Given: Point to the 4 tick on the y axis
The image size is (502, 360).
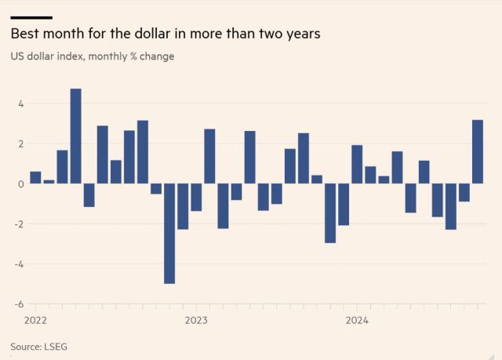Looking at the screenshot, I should [21, 104].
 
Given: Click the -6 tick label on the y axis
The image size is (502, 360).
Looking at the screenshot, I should [20, 304].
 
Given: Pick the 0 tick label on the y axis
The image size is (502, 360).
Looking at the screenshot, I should [21, 184].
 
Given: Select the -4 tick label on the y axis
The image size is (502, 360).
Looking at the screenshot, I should [20, 264].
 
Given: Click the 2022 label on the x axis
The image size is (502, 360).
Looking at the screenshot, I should [36, 320].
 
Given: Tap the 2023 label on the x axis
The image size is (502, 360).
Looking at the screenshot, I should [196, 320].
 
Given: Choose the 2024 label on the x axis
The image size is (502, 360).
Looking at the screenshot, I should [357, 320].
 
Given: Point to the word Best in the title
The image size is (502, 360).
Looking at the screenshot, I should [24, 35].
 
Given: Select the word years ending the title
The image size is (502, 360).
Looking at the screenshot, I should [302, 35].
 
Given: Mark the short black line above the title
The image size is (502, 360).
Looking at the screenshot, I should [31, 17].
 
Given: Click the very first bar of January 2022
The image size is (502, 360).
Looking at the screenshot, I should [35, 177].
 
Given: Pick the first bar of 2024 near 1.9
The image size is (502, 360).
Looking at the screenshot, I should [357, 164].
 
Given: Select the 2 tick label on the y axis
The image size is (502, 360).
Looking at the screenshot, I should [21, 144].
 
